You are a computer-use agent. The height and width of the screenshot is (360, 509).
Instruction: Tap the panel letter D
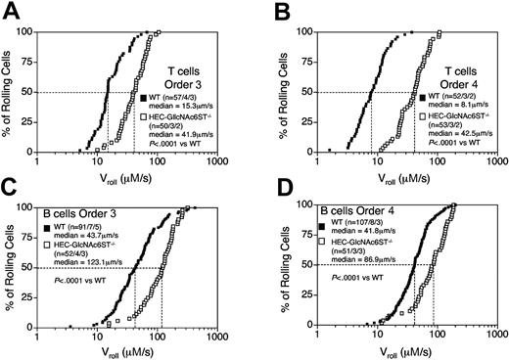click(271, 191)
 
